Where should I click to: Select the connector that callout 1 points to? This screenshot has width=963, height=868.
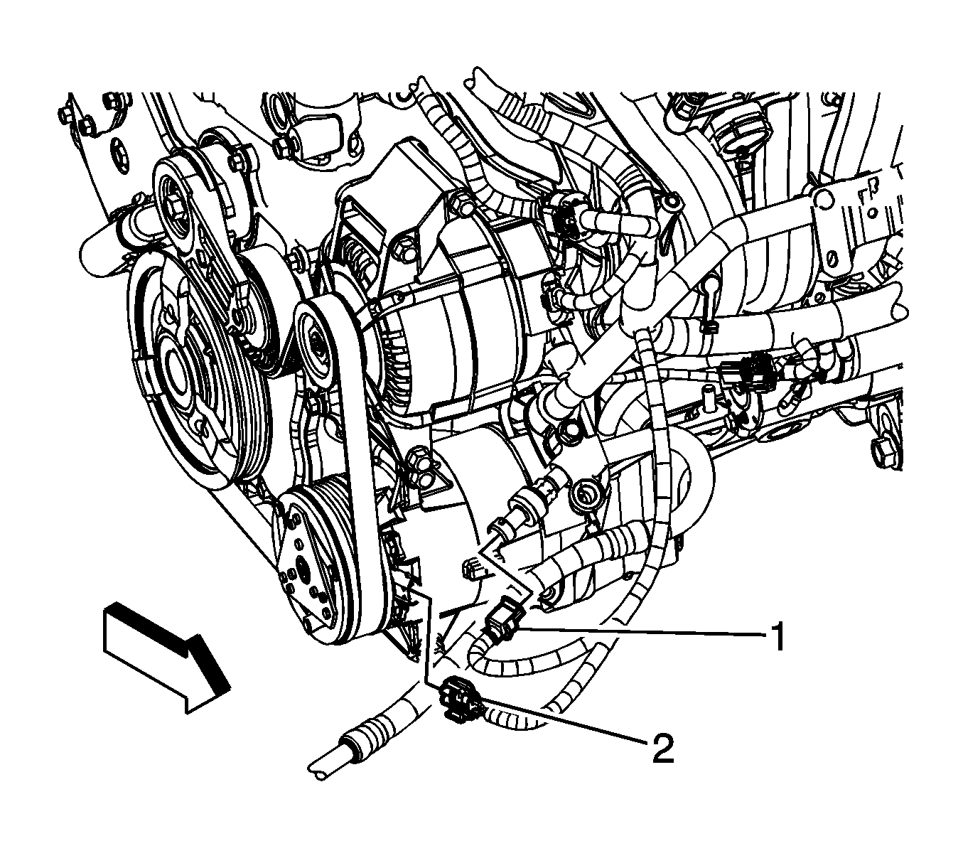[x=504, y=625]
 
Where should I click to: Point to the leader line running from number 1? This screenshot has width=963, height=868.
[x=642, y=632]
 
